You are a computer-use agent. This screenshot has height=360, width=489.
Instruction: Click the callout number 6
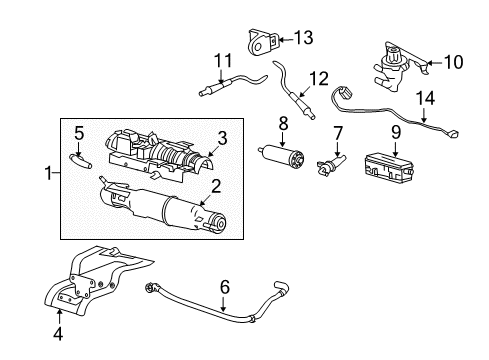(224, 286)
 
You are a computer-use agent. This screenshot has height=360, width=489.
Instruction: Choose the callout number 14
(426, 99)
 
